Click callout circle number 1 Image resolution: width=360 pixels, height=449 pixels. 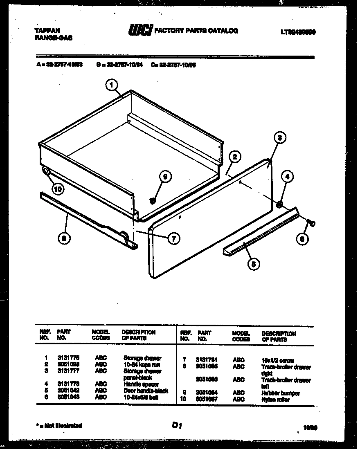111,85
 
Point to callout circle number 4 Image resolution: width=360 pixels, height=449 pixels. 287,177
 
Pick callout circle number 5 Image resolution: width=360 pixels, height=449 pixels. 253,264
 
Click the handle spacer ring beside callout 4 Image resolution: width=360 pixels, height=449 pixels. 280,204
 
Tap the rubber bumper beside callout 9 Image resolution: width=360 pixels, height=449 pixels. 152,201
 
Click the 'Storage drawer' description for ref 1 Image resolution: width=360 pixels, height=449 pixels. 142,358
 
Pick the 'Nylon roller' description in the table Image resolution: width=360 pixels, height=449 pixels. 275,400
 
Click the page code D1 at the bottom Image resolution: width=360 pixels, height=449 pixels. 177,426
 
